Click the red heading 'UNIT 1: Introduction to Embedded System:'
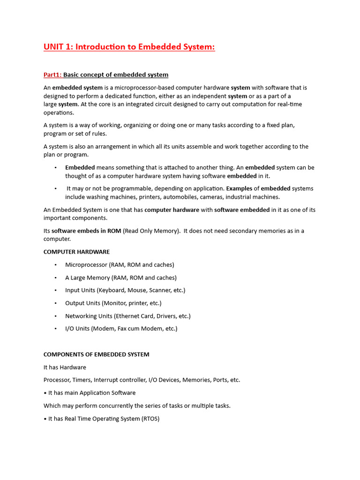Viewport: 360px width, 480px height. tap(129, 47)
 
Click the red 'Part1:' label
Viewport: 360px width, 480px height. tap(52, 75)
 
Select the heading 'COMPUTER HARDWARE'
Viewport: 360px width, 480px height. tap(76, 252)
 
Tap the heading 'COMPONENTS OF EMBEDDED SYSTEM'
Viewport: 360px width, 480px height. tap(96, 354)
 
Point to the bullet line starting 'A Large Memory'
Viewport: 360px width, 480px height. tap(120, 277)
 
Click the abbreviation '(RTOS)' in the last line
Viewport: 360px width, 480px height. tap(150, 419)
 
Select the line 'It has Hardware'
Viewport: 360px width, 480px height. tap(65, 367)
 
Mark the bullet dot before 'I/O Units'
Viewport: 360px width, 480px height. tap(55, 329)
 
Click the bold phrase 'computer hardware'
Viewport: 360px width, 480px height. tap(172, 210)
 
